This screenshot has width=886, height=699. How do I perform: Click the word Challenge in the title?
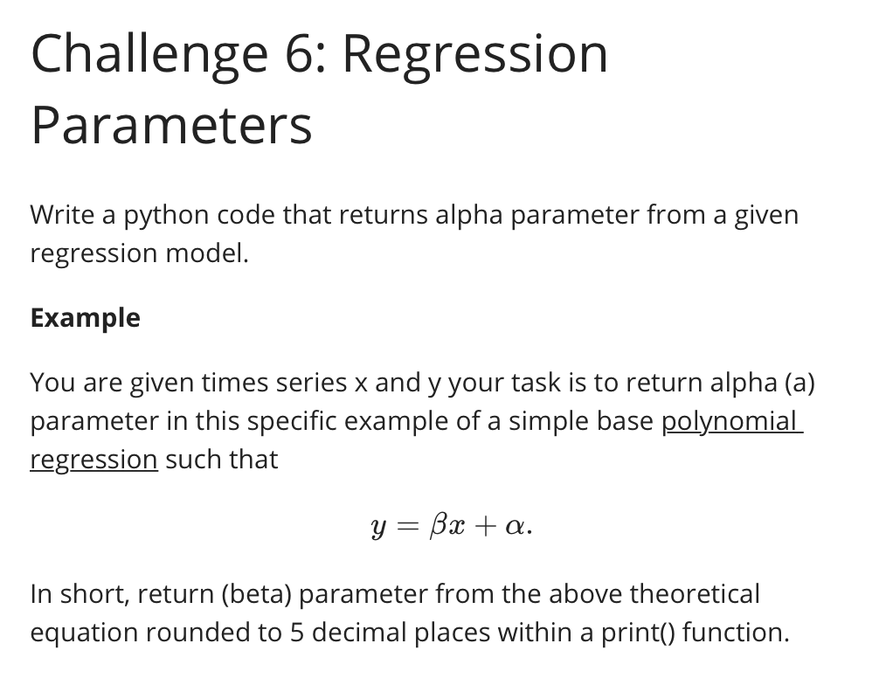[x=149, y=54]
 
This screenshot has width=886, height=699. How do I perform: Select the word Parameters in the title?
[x=171, y=125]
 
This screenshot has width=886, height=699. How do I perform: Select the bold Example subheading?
[x=85, y=318]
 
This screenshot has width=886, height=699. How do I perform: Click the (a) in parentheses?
[x=799, y=383]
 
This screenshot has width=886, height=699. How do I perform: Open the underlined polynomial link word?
[x=730, y=421]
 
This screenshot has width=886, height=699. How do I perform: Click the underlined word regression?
[x=93, y=460]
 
